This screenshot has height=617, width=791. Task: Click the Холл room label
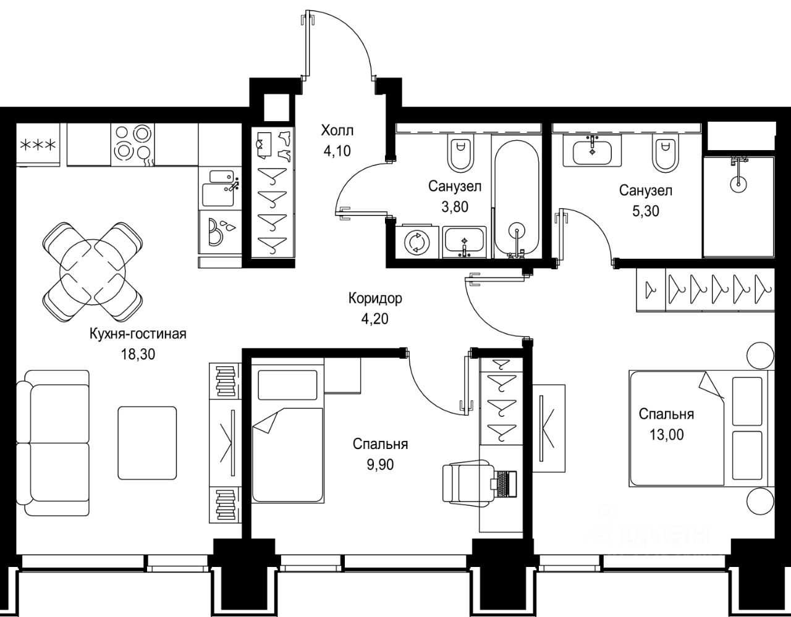pos(337,130)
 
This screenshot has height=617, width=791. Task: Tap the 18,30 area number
pos(138,354)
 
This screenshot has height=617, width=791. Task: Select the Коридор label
pos(375,298)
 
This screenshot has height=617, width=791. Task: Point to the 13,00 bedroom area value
pos(667,434)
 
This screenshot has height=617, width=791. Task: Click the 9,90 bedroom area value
pos(380,465)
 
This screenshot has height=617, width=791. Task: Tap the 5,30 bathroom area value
pos(645,211)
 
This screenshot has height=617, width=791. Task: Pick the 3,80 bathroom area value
pos(455,207)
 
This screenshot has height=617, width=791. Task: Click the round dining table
pos(93,272)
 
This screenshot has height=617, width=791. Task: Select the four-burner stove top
pos(132,145)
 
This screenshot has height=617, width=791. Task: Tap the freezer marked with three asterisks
pos(38,145)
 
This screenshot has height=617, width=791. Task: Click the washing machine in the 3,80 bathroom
pos(417,241)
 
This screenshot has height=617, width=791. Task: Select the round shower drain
pos(738,183)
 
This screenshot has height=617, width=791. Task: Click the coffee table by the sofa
pos(147,443)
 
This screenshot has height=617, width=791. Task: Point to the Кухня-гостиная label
pos(138,334)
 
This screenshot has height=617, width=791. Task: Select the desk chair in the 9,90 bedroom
pos(467,484)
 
